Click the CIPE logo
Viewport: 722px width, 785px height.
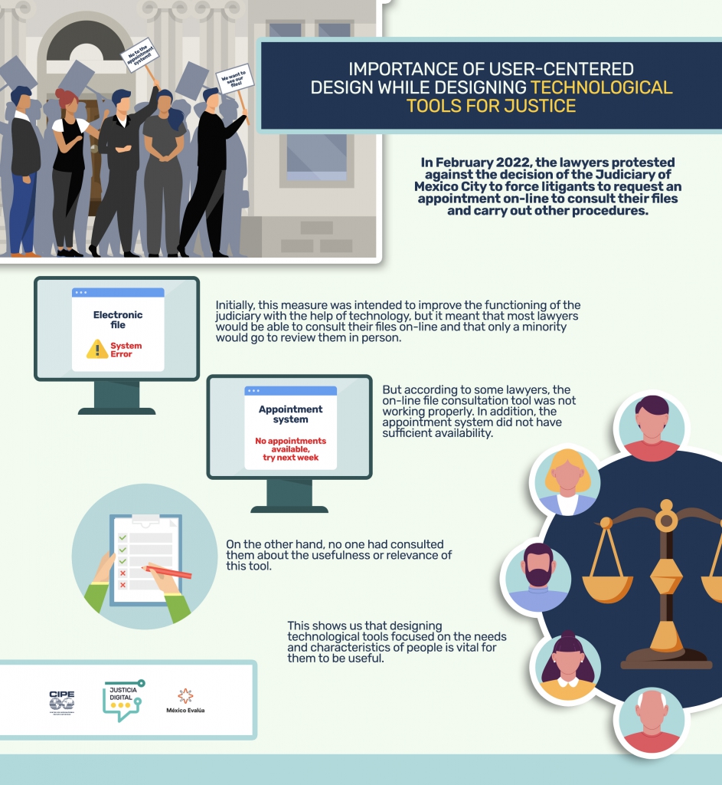tap(62, 701)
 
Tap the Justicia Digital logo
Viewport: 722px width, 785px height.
tap(122, 700)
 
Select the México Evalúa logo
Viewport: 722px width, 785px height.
tap(185, 700)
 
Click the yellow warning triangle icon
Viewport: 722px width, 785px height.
tap(97, 350)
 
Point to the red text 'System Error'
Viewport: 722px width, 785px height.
tap(126, 350)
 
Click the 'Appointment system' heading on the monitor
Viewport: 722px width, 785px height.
tap(290, 414)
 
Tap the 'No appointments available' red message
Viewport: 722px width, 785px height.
tap(290, 448)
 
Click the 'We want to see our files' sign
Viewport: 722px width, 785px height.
tap(232, 78)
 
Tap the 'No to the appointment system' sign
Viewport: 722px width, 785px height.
tap(139, 56)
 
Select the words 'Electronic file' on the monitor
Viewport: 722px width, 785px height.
tap(118, 320)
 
